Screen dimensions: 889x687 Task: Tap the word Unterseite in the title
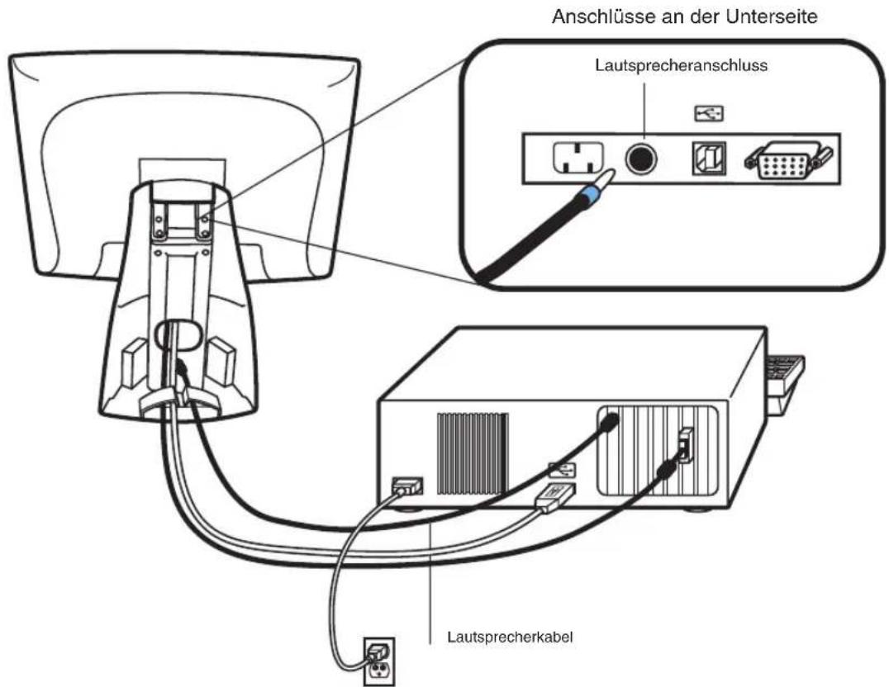point(772,17)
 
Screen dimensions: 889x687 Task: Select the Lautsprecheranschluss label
point(681,65)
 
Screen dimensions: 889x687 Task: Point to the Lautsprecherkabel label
point(511,637)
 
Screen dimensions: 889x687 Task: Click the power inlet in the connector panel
point(578,159)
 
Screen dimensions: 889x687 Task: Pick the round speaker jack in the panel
point(641,159)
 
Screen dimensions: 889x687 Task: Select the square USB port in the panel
point(709,158)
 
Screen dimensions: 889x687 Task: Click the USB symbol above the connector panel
point(709,114)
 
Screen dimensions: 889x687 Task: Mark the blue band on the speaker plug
point(588,197)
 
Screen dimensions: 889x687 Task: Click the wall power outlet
point(378,661)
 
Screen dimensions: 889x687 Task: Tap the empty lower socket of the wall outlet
point(378,672)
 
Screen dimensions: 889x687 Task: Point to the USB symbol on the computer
point(562,470)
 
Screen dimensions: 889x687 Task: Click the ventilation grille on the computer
point(473,453)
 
